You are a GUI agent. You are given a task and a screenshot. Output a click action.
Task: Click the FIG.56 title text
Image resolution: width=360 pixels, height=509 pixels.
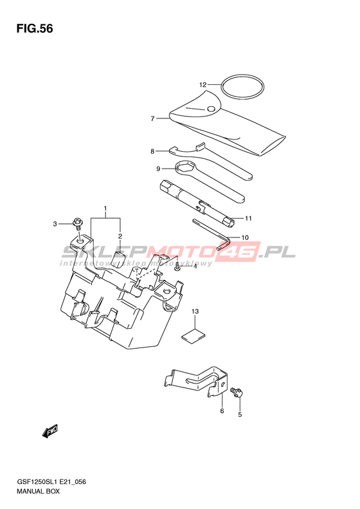click(35, 29)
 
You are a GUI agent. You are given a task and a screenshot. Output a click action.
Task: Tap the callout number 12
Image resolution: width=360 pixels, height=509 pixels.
click(203, 85)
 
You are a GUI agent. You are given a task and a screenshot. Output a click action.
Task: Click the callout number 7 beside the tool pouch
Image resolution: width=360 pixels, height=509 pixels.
click(152, 119)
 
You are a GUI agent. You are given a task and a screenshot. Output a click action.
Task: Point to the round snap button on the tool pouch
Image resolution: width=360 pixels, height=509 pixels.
click(212, 109)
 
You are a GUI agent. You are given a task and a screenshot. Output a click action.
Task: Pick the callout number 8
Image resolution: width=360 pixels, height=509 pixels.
click(152, 151)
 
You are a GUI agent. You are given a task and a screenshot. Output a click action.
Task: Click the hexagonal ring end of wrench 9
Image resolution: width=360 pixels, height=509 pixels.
click(185, 168)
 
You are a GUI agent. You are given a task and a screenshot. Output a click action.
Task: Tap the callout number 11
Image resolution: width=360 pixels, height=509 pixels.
click(248, 219)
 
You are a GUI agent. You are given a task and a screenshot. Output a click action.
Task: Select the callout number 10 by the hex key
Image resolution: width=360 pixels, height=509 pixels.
click(245, 237)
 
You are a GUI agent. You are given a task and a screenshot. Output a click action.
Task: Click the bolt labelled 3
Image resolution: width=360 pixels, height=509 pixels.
click(78, 222)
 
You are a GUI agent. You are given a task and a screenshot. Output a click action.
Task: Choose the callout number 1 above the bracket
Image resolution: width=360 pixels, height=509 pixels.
click(105, 208)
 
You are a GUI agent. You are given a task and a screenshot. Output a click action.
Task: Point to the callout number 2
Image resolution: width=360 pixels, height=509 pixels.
click(120, 236)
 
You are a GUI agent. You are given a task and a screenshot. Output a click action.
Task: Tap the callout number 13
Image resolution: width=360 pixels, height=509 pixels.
click(195, 311)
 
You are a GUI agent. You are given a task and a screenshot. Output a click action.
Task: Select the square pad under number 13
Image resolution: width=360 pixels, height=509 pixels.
click(194, 336)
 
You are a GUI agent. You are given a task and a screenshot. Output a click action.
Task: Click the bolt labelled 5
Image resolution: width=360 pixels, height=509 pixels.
click(237, 392)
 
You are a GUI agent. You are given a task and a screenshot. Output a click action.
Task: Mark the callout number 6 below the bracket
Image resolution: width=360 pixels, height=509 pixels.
click(222, 411)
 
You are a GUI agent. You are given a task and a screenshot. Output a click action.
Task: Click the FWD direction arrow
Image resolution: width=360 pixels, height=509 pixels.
click(50, 432)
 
